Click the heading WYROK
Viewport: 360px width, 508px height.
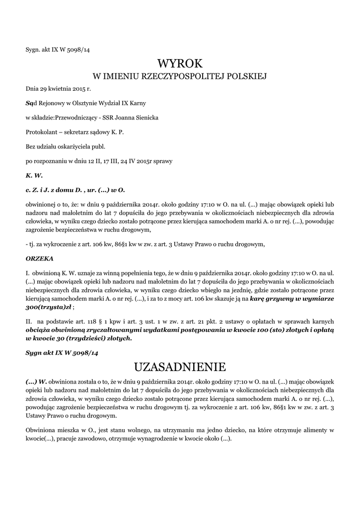coord(180,63)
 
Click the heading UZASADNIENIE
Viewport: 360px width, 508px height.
coord(180,367)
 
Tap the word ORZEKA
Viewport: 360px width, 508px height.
coord(40,258)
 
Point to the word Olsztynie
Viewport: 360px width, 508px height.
coord(81,103)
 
